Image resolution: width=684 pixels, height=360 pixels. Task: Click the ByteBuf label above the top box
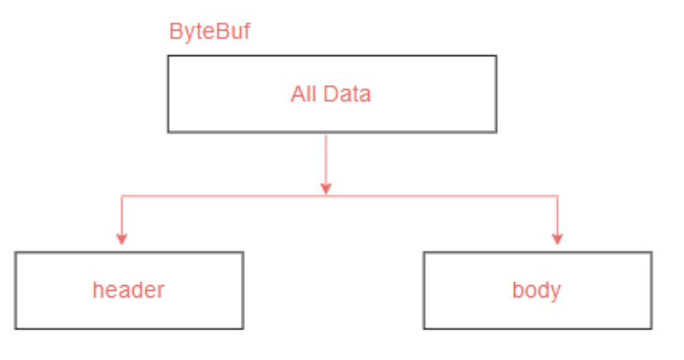[x=208, y=31]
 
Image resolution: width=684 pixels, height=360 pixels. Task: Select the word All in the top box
[x=304, y=94]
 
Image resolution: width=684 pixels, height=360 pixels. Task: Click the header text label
[x=128, y=290]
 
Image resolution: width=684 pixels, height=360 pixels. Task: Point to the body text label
[x=535, y=290]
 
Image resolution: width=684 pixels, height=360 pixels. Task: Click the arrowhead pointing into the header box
[x=121, y=238]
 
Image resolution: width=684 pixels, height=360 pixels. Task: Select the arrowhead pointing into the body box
[x=558, y=238]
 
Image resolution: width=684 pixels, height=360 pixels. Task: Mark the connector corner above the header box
[x=121, y=195]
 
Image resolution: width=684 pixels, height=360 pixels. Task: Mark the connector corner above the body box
[x=558, y=195]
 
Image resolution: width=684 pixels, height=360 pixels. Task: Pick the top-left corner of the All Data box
[x=168, y=56]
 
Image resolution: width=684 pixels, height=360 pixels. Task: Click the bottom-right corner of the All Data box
[x=495, y=132]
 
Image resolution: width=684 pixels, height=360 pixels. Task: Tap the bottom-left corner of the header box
[x=16, y=328]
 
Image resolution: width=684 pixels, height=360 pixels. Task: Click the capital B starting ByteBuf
[x=175, y=31]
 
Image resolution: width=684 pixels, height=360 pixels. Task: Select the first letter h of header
[x=97, y=290]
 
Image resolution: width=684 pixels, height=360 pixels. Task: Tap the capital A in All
[x=297, y=94]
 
